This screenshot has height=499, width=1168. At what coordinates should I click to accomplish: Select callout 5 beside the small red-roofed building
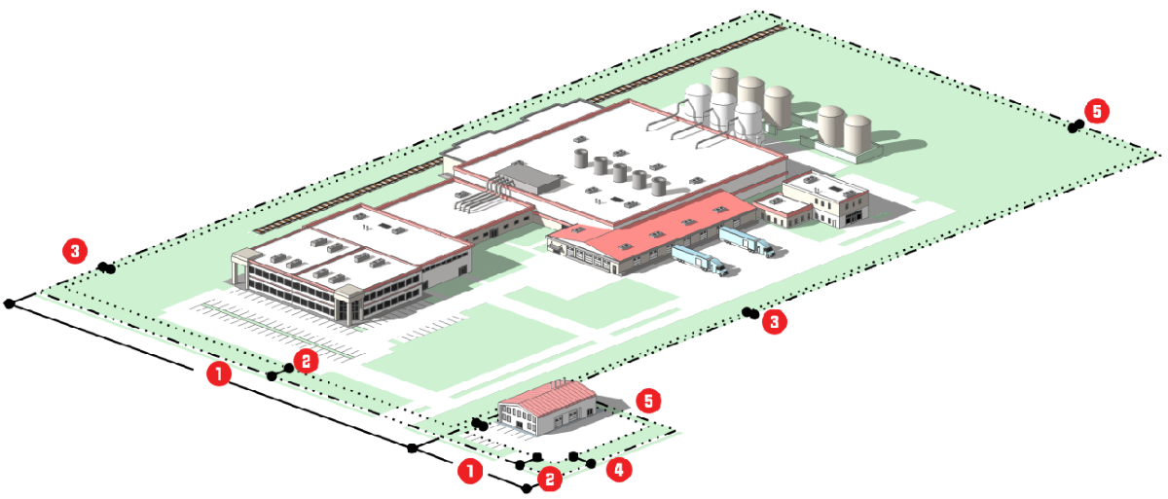click(x=647, y=401)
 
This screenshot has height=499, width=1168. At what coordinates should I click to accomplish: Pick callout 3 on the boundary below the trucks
click(x=775, y=322)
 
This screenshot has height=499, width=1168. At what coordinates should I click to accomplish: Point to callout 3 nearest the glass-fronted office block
click(x=74, y=251)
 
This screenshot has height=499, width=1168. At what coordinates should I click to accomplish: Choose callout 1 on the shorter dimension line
click(x=470, y=472)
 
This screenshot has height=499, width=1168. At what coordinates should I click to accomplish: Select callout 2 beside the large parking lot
click(x=305, y=361)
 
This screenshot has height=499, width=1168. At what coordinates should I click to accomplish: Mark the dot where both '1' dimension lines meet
click(x=413, y=447)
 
